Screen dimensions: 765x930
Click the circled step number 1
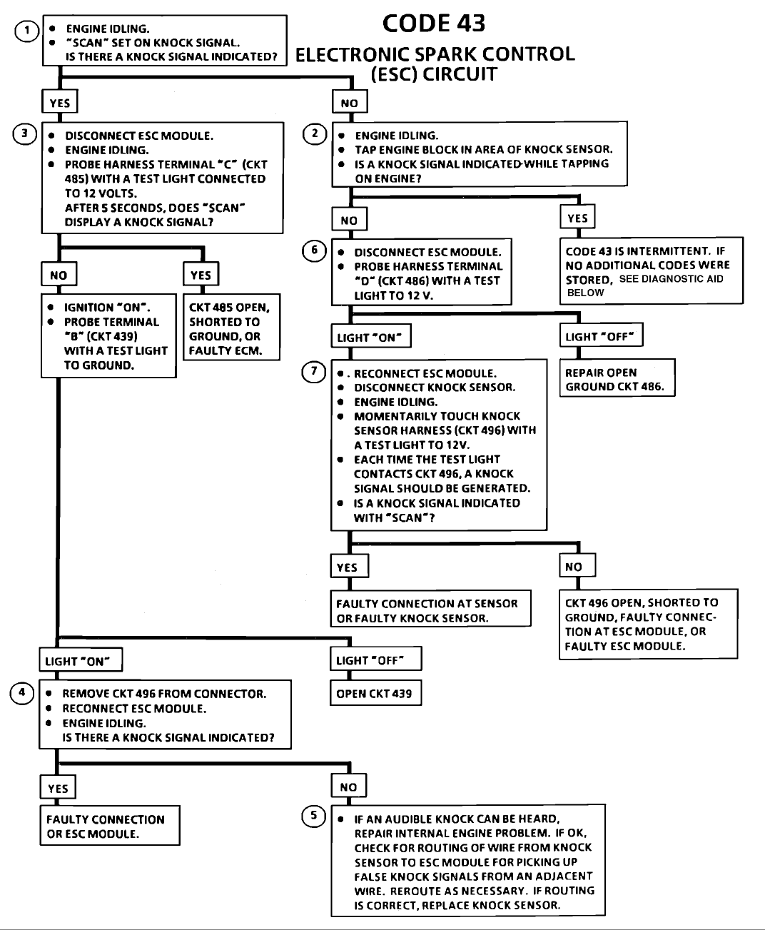26,31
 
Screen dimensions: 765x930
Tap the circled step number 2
315,133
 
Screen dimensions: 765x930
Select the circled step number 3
25,133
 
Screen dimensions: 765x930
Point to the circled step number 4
21,693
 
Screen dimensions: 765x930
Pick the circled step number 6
314,251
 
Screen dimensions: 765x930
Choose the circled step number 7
313,371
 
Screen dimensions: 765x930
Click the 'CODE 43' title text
434,24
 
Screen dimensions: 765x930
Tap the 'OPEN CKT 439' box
375,693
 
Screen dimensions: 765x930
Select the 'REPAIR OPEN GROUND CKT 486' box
617,378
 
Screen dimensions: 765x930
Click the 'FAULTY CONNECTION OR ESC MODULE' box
110,826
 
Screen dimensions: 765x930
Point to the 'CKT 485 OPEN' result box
231,327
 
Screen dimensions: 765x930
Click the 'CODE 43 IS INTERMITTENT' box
652,271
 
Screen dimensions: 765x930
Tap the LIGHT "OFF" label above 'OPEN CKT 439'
375,659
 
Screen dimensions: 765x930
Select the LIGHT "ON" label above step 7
371,336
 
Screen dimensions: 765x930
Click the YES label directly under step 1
60,102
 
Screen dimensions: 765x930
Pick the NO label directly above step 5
349,785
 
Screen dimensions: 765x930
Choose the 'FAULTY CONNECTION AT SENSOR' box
431,609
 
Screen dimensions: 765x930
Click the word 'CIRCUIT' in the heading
460,74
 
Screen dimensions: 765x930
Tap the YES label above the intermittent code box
577,216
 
